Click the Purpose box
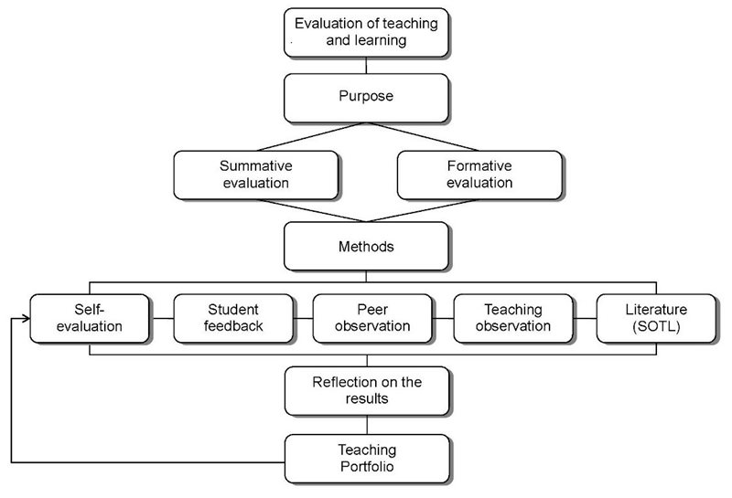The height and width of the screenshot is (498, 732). tap(367, 98)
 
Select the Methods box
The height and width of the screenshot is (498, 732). tap(367, 246)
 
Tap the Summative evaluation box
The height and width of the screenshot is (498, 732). tap(256, 175)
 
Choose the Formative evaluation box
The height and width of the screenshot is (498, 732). tap(479, 175)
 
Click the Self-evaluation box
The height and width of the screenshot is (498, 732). tap(90, 319)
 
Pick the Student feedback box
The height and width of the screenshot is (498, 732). tap(233, 319)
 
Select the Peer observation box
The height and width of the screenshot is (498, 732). tap(372, 319)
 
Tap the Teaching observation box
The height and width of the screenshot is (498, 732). tap(513, 319)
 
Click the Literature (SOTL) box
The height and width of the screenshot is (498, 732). tap(656, 319)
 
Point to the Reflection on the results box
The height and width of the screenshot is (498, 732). tap(367, 391)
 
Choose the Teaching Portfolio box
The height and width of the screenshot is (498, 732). tap(367, 460)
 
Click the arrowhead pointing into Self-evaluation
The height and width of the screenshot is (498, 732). tap(27, 319)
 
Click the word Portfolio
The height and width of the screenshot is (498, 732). tap(367, 466)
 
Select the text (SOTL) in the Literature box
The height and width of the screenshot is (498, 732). tap(656, 326)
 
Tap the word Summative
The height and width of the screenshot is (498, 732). tap(256, 166)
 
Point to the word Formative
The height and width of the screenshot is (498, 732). tap(479, 166)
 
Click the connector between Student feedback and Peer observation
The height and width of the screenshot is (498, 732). tap(304, 319)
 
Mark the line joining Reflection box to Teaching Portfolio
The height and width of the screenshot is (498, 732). tap(367, 425)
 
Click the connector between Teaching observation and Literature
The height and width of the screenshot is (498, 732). tap(585, 319)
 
